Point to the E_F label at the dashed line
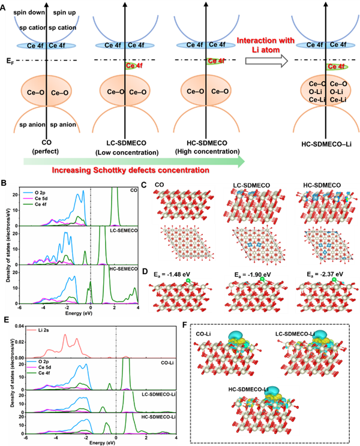coord(8,60)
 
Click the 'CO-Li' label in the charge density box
coord(205,333)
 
